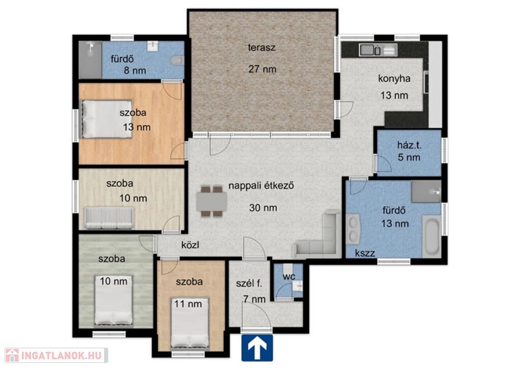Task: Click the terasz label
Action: coord(262,47)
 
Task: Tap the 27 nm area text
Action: coord(263,69)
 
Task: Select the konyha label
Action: coord(394,79)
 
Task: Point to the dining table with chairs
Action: coord(212,201)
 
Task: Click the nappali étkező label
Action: coord(262,186)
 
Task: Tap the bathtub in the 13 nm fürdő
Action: coord(432,236)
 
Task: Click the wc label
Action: coord(289,277)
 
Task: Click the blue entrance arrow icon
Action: coord(257,348)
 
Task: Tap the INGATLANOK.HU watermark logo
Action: coord(56,355)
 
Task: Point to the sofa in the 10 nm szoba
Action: coord(110,218)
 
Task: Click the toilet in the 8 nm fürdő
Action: coord(177,60)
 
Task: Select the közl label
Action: coord(190,245)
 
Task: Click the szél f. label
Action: coord(249,284)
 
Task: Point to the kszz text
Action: coord(365,254)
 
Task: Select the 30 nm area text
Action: coord(263,208)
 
